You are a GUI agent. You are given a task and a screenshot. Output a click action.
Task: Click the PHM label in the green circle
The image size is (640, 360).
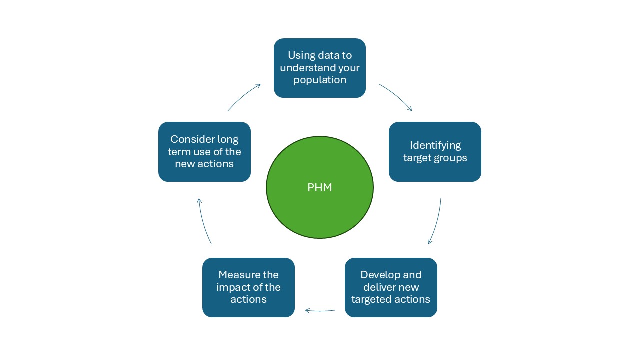(319, 187)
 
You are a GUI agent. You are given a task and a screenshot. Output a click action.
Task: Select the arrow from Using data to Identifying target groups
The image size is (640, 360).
(396, 96)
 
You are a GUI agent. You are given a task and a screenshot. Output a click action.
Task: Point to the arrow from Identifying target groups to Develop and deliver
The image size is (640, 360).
(436, 221)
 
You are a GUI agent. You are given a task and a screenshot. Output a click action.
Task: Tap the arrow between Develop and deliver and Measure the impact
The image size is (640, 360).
(320, 310)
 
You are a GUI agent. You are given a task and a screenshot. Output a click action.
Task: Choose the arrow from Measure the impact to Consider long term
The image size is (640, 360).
(203, 221)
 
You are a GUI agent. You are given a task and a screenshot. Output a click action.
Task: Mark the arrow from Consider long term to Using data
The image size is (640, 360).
(243, 96)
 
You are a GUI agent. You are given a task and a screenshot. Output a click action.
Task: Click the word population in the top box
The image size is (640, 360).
(320, 80)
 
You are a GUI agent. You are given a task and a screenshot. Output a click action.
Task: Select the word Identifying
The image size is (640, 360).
(435, 145)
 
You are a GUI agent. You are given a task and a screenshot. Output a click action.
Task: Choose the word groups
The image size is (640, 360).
(452, 158)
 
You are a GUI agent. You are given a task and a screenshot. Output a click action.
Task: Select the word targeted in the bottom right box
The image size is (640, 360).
(370, 300)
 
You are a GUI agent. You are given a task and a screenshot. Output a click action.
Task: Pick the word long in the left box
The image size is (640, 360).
(228, 140)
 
